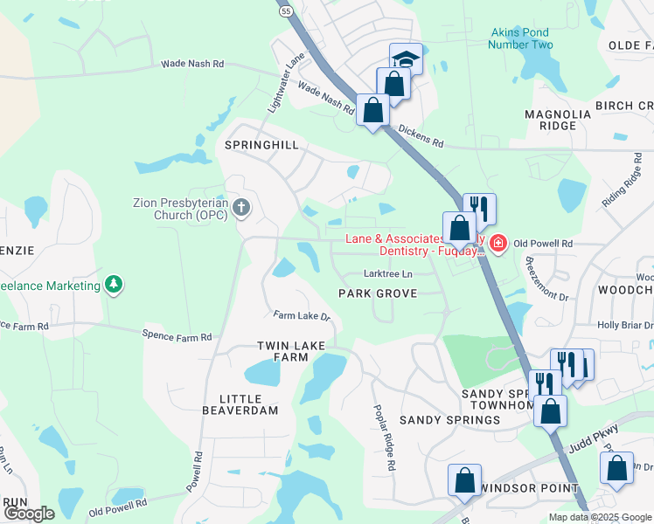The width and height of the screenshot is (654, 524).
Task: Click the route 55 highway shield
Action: pos(286,10)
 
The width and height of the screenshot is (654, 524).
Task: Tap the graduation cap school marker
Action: pos(405,59)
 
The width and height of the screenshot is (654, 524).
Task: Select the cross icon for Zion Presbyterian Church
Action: pos(242,208)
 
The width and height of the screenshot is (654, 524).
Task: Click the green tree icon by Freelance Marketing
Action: pos(113,285)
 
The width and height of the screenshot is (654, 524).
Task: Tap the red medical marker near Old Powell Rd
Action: pos(497,242)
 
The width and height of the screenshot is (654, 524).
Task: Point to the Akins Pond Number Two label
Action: pos(522,38)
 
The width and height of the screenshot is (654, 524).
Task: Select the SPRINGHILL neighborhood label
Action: pos(262,145)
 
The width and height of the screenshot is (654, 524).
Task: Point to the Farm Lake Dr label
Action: pos(301,315)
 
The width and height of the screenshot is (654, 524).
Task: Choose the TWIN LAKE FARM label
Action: pos(282,352)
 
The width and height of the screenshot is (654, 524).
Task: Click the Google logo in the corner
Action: pos(30,514)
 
